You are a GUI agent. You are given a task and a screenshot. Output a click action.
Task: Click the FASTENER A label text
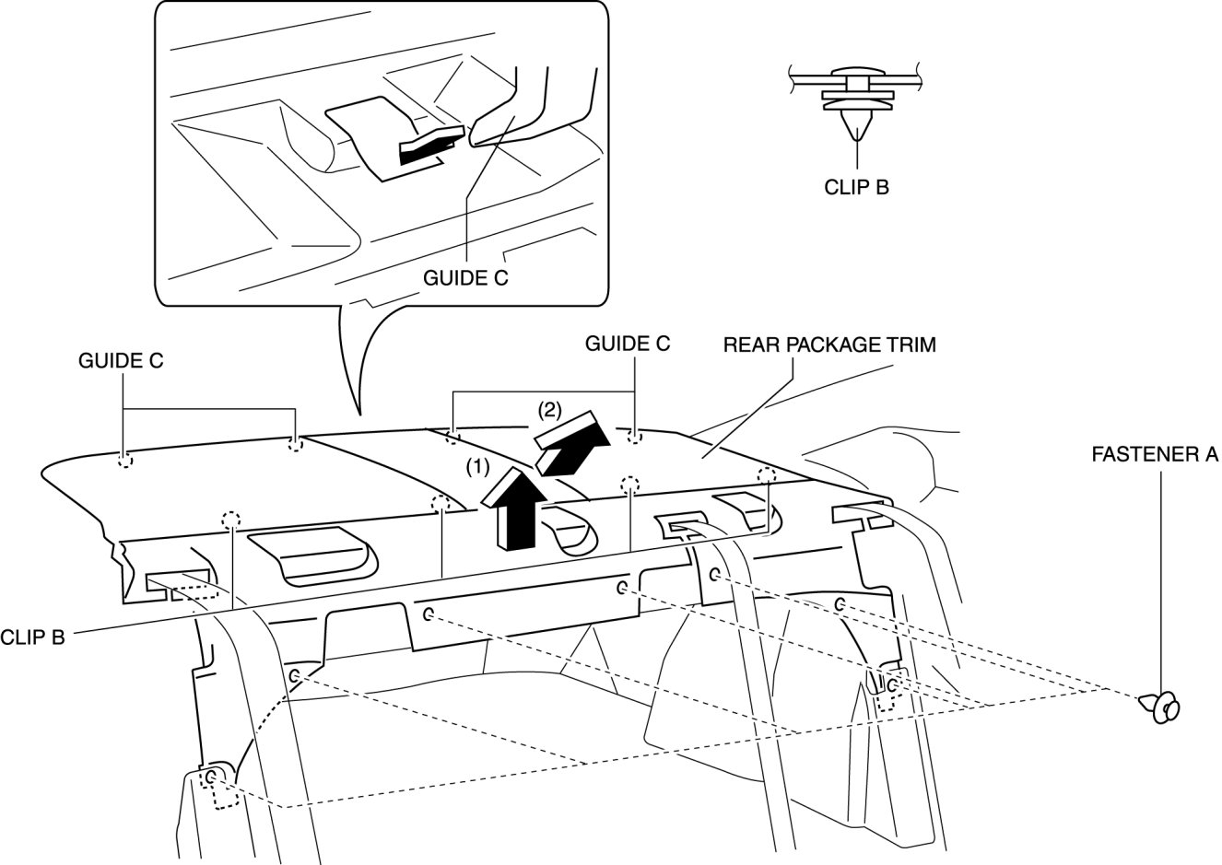pyautogui.click(x=1156, y=454)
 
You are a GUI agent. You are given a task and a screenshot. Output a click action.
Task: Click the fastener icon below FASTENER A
pyautogui.click(x=1164, y=707)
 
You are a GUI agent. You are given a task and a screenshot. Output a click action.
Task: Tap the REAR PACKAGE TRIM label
pyautogui.click(x=829, y=345)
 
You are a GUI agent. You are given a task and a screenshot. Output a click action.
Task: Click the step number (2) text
pyautogui.click(x=549, y=406)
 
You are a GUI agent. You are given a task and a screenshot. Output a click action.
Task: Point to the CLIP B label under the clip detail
pyautogui.click(x=856, y=187)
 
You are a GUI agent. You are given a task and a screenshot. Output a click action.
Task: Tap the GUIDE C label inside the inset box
pyautogui.click(x=465, y=277)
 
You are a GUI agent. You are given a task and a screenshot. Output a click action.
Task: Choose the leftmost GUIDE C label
pyautogui.click(x=121, y=362)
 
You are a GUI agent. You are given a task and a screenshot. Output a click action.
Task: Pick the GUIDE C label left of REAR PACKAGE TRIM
pyautogui.click(x=628, y=344)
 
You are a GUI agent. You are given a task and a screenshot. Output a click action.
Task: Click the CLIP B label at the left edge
pyautogui.click(x=32, y=637)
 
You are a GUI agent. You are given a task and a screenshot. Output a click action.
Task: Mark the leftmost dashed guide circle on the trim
pyautogui.click(x=124, y=460)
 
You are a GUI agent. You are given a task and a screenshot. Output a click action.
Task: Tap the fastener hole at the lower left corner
pyautogui.click(x=212, y=778)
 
